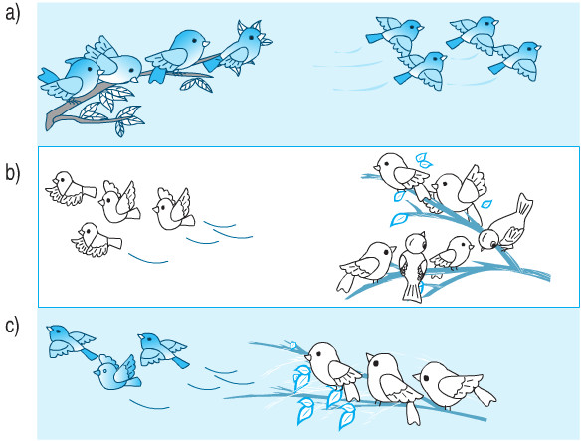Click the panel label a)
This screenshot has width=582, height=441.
(13, 15)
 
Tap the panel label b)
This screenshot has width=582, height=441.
(13, 173)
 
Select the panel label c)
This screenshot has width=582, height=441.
(12, 327)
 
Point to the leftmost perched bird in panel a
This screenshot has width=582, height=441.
(72, 79)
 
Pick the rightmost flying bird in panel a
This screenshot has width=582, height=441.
(515, 61)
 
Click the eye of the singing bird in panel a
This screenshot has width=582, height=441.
(251, 37)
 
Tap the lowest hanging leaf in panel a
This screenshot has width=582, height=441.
(120, 129)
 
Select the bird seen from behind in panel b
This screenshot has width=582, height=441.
(414, 267)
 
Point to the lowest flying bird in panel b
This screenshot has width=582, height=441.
(97, 240)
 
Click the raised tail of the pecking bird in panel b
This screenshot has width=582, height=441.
(523, 205)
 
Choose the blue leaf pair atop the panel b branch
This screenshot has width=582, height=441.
(424, 160)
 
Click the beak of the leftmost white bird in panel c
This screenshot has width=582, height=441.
(307, 357)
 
